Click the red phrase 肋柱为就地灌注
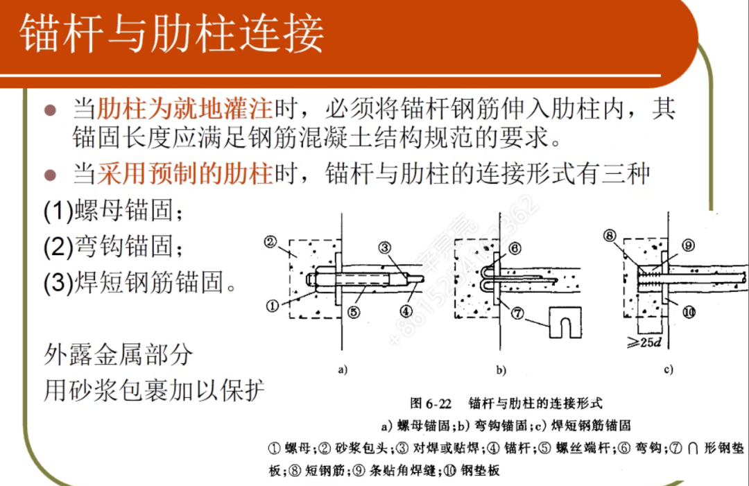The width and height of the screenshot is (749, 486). (184, 109)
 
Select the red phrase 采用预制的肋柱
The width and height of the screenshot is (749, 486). (184, 173)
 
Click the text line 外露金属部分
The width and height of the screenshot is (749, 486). (118, 355)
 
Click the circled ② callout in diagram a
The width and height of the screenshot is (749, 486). (271, 242)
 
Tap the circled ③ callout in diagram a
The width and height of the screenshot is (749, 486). (386, 247)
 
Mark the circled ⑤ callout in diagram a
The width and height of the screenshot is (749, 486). (355, 312)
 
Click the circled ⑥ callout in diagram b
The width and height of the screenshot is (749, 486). (515, 248)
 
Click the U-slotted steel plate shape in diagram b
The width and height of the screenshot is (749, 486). (565, 323)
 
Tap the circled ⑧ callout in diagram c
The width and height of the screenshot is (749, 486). (610, 236)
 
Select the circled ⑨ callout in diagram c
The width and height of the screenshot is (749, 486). (688, 245)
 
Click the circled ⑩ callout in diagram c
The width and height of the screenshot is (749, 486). (689, 312)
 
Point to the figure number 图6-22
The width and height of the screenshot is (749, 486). (431, 402)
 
